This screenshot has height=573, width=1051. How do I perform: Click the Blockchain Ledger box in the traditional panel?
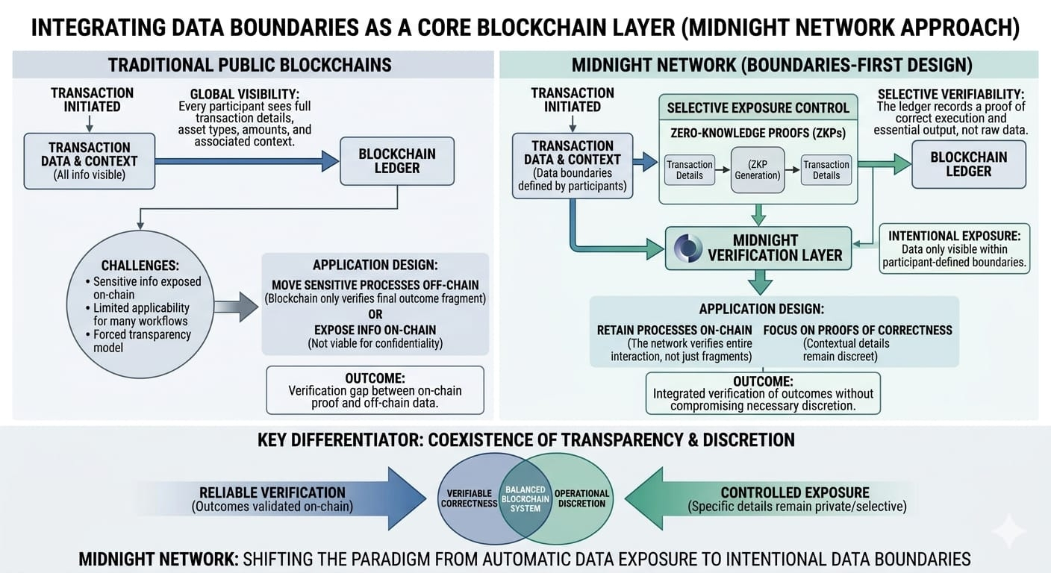(x=396, y=160)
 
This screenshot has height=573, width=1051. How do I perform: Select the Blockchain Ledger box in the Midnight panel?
(x=968, y=164)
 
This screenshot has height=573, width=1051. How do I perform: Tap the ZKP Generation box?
(x=758, y=170)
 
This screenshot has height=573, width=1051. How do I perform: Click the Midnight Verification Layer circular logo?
(x=687, y=248)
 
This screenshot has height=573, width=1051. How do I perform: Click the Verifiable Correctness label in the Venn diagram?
(x=469, y=498)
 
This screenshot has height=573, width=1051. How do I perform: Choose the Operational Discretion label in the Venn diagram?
(x=581, y=498)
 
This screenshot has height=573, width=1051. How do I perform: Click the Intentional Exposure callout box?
(x=954, y=248)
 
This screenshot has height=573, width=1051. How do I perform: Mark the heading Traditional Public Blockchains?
(x=250, y=65)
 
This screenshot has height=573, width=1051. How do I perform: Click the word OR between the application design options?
(x=375, y=314)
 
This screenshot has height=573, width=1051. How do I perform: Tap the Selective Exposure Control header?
(x=758, y=108)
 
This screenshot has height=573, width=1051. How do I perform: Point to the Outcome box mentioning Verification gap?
(x=375, y=389)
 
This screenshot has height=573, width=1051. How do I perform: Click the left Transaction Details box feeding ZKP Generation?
(x=689, y=170)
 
